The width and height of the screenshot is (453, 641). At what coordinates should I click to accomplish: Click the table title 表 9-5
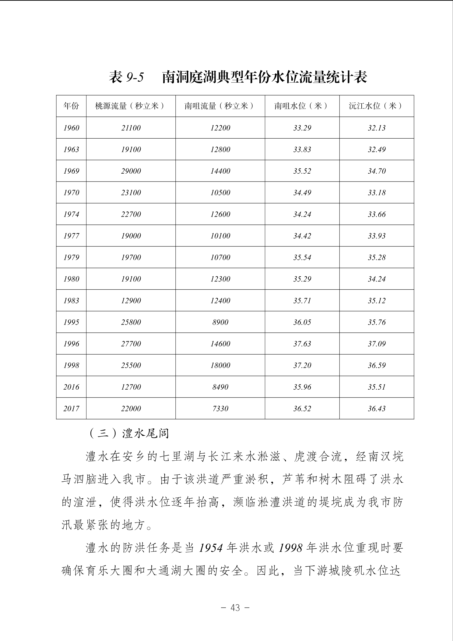coord(126,77)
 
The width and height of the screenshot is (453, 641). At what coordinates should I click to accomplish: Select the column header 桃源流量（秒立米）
coord(131,106)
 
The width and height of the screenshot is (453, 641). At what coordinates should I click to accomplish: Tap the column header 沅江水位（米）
coord(377,106)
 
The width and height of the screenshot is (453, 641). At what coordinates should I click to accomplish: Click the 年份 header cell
coord(71,106)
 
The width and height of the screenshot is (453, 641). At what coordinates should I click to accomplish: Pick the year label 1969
coord(71,171)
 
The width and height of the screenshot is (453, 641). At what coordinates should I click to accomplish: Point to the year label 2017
coord(71,408)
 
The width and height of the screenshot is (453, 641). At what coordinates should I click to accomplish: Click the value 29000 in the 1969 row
coord(131,171)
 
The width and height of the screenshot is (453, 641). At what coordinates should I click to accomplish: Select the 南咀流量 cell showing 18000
coord(220,365)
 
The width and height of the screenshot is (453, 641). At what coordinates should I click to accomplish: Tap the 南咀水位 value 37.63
coord(302,344)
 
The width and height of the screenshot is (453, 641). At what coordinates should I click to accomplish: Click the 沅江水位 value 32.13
coord(377,128)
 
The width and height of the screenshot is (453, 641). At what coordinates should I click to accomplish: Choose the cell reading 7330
coord(220,408)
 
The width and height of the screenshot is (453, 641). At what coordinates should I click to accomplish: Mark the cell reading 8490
coord(220,387)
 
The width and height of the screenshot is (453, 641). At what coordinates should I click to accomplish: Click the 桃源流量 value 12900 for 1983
coord(131,300)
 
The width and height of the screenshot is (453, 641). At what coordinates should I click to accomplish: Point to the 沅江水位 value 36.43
coord(377,408)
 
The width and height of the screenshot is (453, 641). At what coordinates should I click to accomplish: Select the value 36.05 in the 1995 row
coord(302,322)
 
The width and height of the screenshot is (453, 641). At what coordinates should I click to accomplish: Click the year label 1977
coord(71,236)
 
